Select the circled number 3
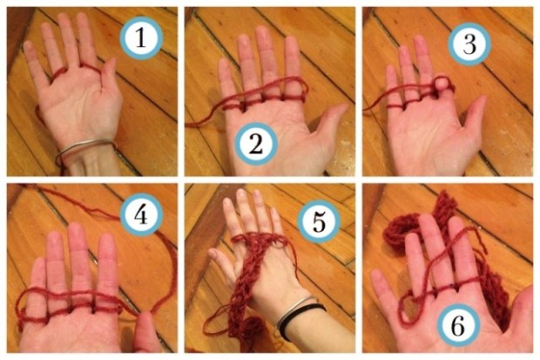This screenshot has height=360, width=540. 469,44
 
